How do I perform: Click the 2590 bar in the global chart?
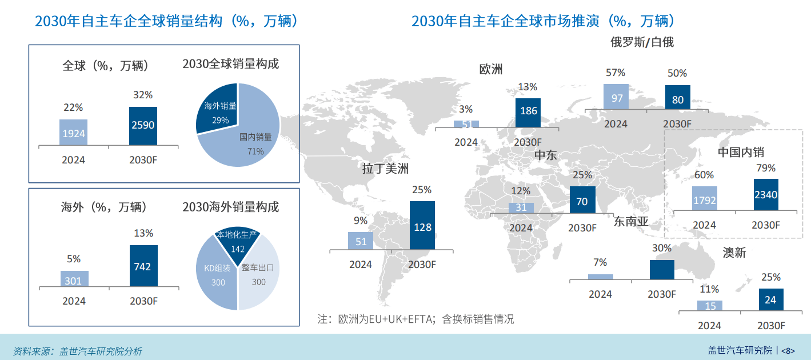(x=143, y=126)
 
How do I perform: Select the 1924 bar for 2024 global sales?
(x=73, y=133)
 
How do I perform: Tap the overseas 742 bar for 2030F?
(x=143, y=266)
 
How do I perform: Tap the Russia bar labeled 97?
(x=617, y=97)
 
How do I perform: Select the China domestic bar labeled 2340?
(x=766, y=194)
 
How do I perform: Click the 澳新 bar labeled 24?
(x=770, y=299)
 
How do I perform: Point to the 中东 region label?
(x=545, y=155)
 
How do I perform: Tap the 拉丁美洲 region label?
(x=386, y=169)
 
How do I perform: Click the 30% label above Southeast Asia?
(x=662, y=248)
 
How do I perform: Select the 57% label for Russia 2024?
(x=616, y=73)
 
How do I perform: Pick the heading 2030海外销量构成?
(x=231, y=207)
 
